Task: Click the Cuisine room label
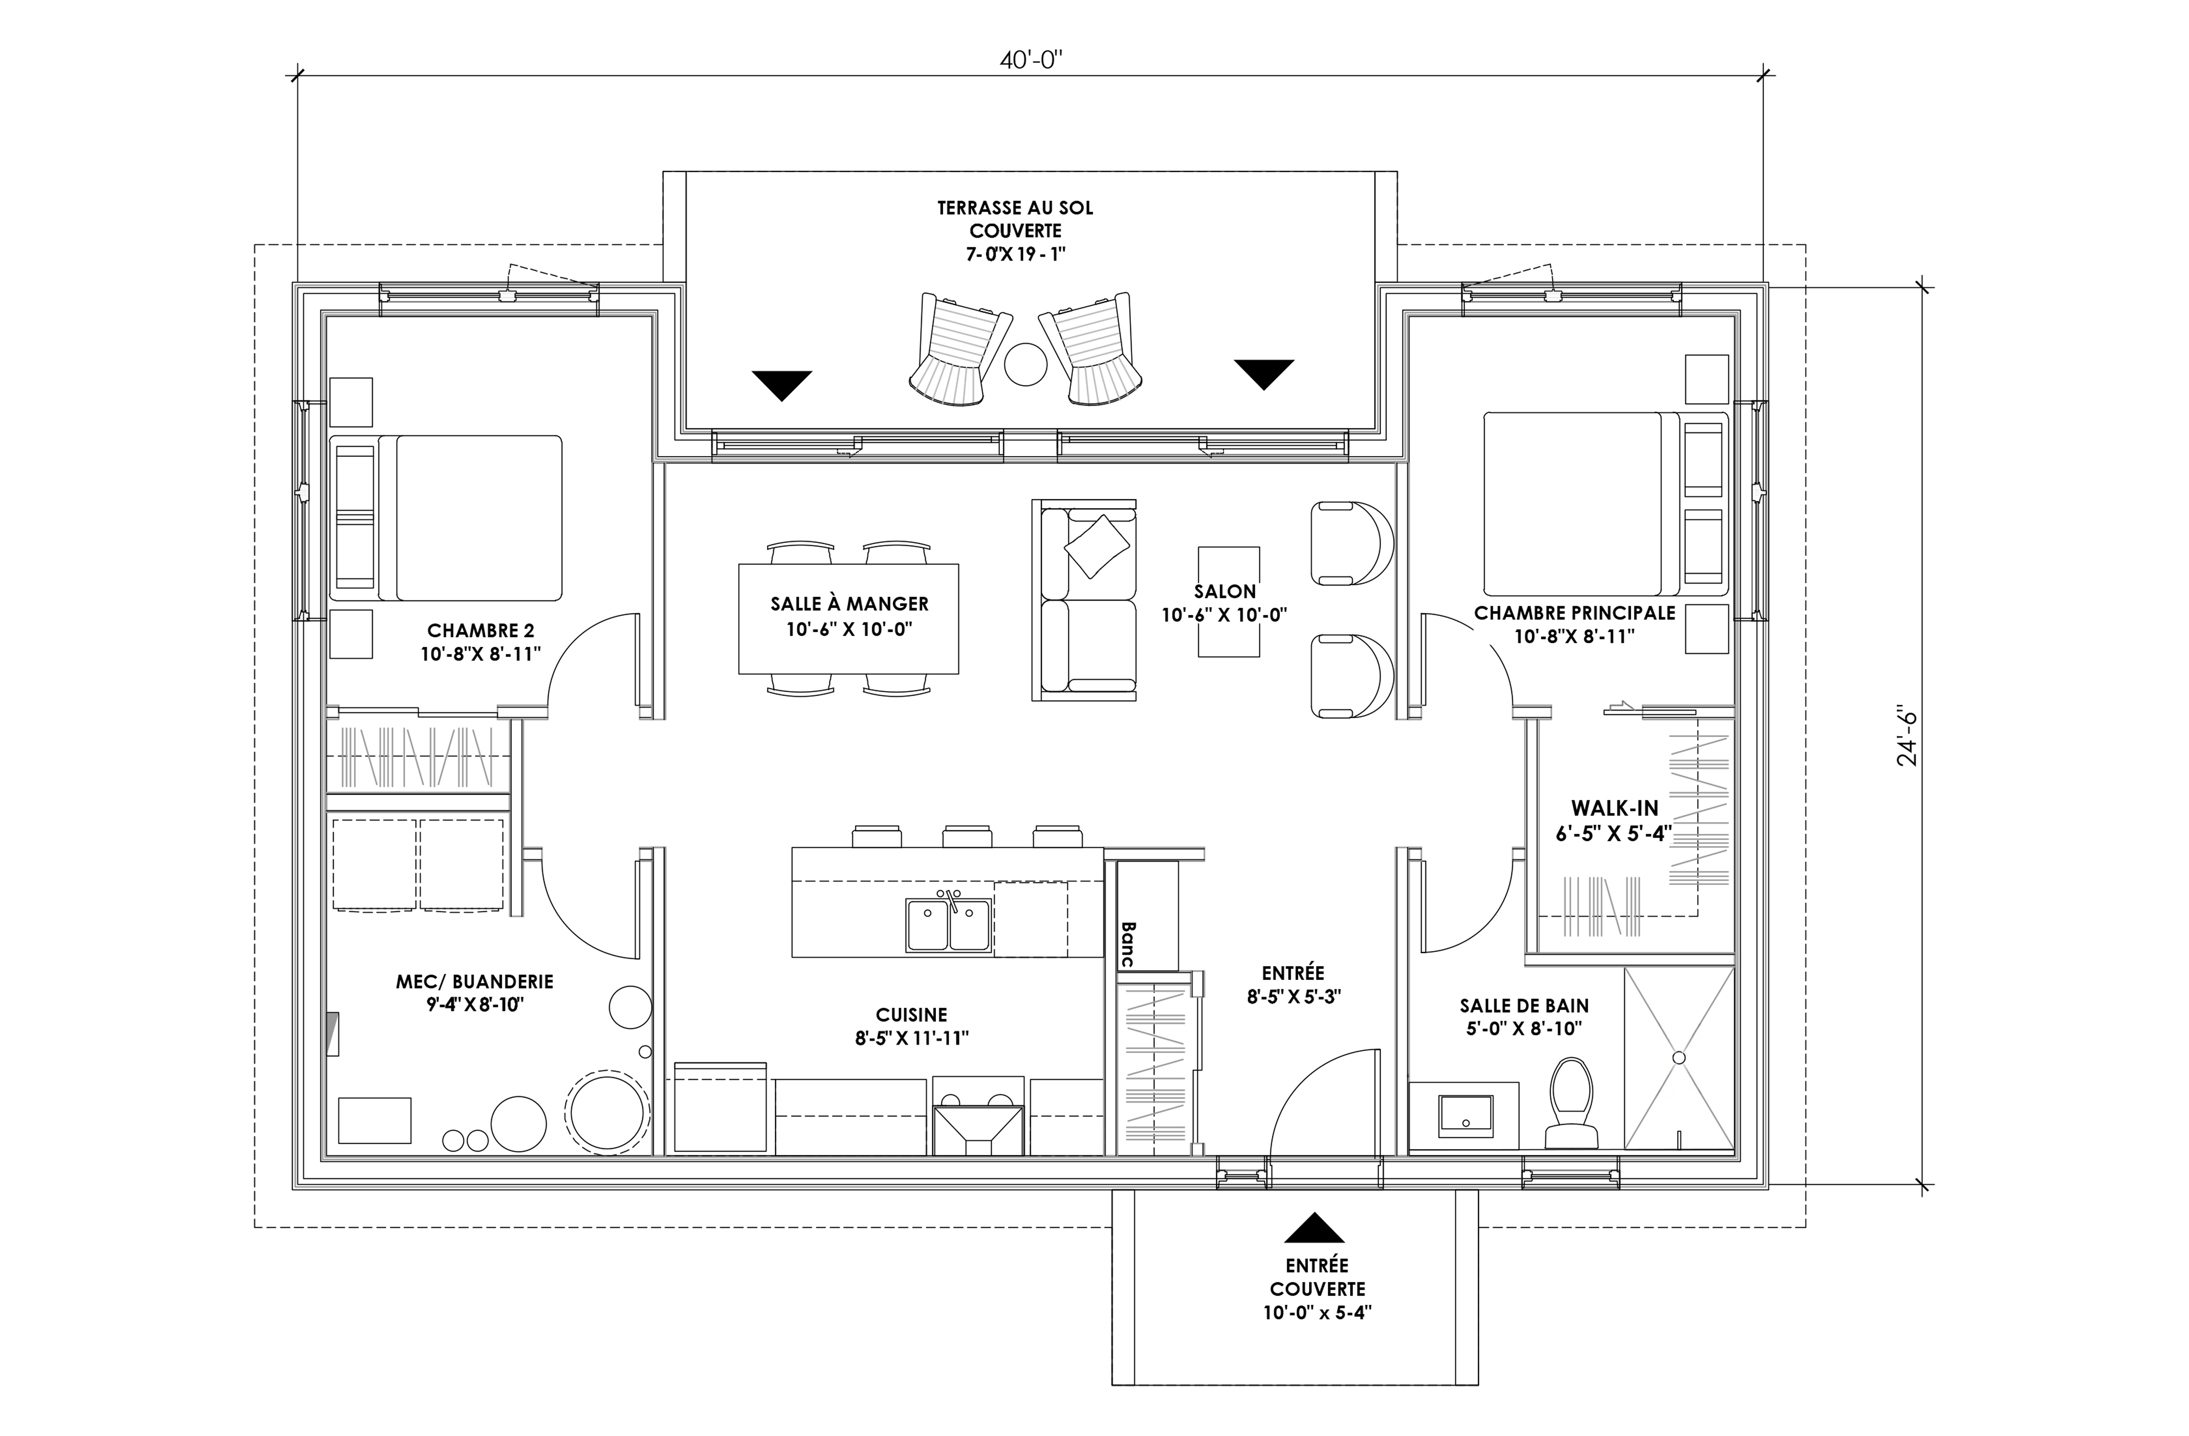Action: pos(912,1026)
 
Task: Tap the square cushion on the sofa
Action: pos(1097,546)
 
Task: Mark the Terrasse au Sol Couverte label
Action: pos(1016,231)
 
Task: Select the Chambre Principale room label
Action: pos(1575,624)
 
